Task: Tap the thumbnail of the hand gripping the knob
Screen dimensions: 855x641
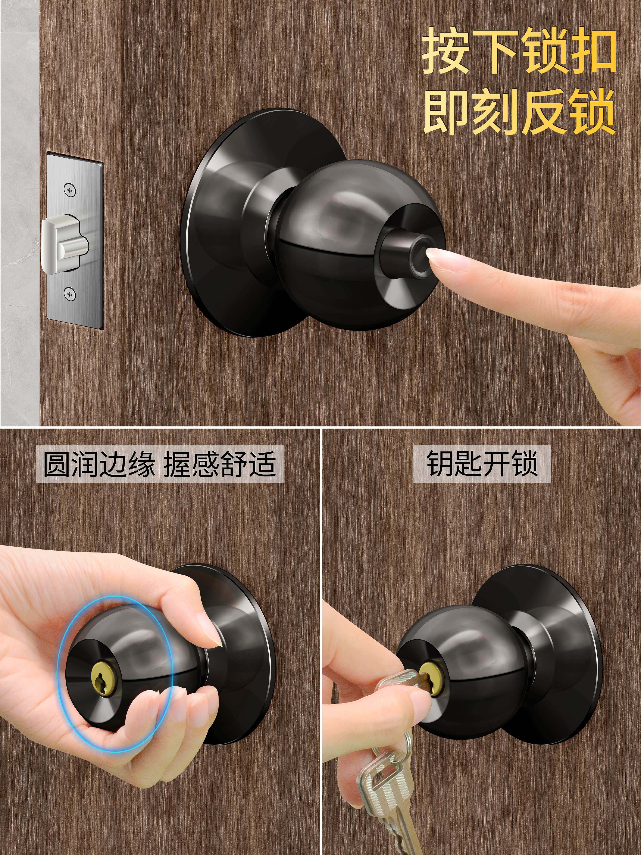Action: point(213,634)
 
